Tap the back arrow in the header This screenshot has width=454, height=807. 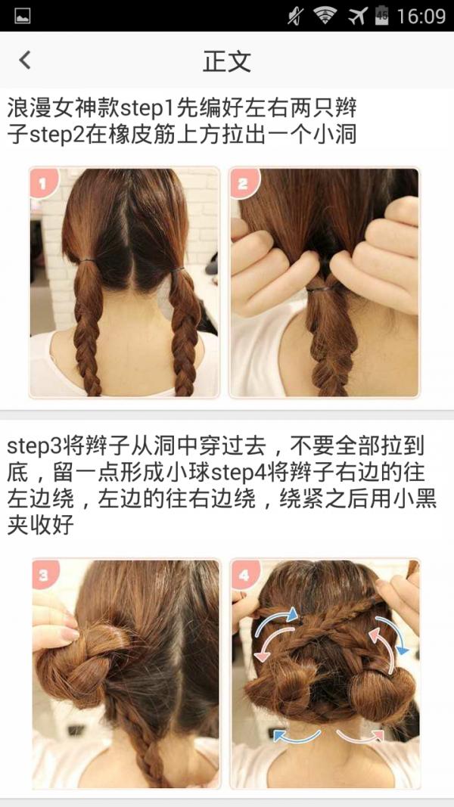click(x=25, y=61)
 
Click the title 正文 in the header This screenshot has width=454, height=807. click(x=227, y=61)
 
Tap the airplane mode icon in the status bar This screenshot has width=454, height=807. click(x=358, y=16)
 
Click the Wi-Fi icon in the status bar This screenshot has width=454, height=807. click(x=325, y=16)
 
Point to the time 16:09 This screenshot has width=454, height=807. click(x=421, y=17)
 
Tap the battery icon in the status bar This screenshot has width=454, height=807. click(x=381, y=16)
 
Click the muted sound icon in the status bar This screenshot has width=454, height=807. click(x=296, y=16)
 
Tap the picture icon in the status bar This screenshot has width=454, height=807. click(x=23, y=16)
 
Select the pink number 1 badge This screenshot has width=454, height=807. click(x=43, y=183)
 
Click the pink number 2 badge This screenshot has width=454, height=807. click(x=243, y=183)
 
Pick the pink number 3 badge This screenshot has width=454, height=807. click(x=45, y=574)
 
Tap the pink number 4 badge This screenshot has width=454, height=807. click(x=244, y=574)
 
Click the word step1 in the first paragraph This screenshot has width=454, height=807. click(x=148, y=109)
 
